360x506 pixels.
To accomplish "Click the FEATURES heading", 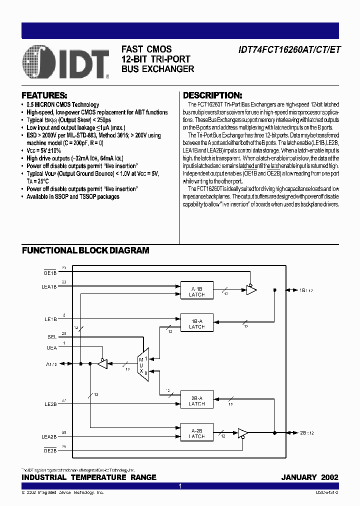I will [x=44, y=95].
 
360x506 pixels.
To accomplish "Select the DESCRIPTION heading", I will [x=212, y=95].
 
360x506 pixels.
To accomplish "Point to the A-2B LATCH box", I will [x=196, y=432].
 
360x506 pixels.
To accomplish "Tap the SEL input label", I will [x=51, y=337].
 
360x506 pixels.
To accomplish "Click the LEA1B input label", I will [x=49, y=287].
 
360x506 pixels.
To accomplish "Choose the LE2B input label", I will [x=50, y=404].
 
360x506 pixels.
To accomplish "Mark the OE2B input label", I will [x=50, y=449].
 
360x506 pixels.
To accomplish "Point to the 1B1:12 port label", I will [x=306, y=290].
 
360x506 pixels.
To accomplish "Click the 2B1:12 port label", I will [x=306, y=432].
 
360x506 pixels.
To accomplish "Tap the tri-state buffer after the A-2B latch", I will [x=243, y=432].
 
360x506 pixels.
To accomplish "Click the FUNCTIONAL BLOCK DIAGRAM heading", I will [x=85, y=250].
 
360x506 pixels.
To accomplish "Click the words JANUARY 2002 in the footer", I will [x=309, y=477].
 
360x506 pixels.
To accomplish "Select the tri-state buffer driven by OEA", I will [x=102, y=364].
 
